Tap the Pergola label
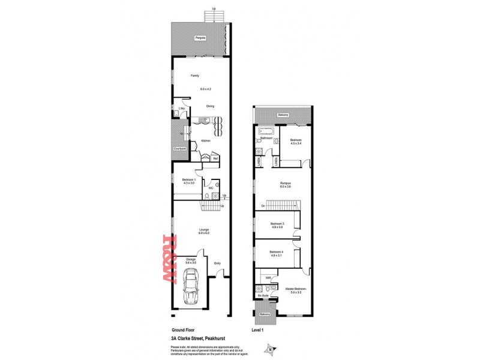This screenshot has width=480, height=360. (x=199, y=38)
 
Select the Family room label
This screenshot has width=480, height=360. (x=195, y=76)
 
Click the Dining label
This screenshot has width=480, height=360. (x=211, y=106)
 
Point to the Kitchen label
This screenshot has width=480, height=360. (x=205, y=140)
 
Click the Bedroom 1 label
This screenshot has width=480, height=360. (x=190, y=179)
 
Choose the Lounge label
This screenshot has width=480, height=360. (x=203, y=229)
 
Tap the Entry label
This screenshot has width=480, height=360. (x=217, y=262)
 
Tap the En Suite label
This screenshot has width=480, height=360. (x=262, y=296)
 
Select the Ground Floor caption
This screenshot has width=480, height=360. (x=183, y=330)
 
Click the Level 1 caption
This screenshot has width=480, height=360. (x=259, y=330)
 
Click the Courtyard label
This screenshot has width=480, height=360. (x=179, y=148)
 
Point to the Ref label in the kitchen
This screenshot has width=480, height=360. (x=215, y=158)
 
